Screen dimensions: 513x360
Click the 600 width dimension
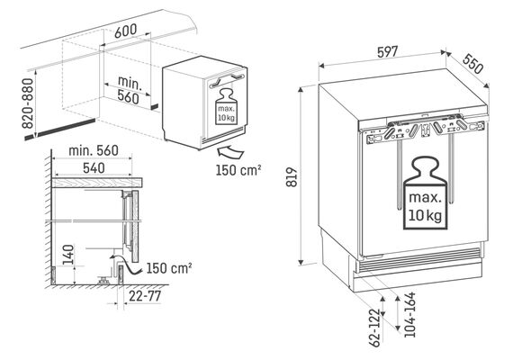click(126, 31)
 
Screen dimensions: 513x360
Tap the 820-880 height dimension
click(28, 103)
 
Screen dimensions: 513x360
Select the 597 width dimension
click(387, 52)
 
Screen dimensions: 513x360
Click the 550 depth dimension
click(472, 64)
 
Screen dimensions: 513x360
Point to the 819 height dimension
click(292, 177)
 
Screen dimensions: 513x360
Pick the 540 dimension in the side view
click(94, 168)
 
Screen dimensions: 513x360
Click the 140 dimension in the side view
click(68, 255)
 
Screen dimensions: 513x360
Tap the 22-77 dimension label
click(145, 296)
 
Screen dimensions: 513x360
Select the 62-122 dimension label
click(375, 328)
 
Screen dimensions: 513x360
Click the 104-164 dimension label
click(409, 315)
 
